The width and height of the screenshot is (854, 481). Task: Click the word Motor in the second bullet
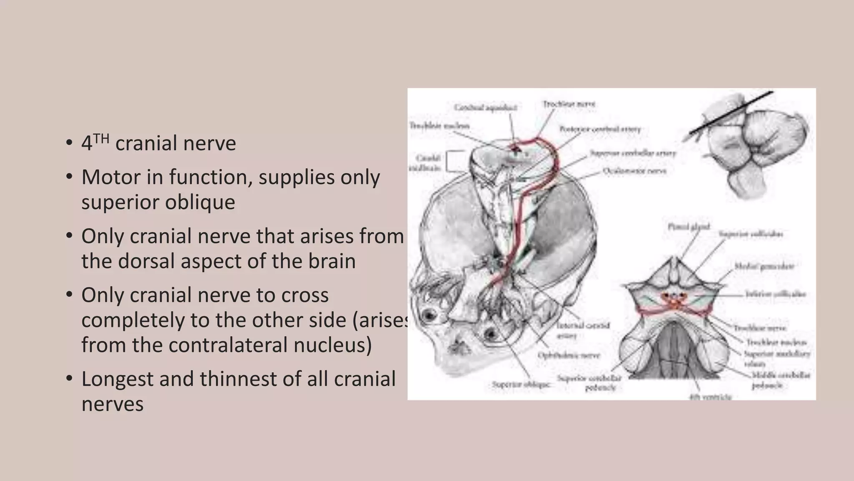(x=110, y=177)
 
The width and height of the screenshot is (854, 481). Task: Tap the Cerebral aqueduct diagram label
(x=485, y=108)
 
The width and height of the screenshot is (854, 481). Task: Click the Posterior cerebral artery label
(x=600, y=129)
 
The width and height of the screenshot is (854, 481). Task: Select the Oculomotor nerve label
(x=634, y=171)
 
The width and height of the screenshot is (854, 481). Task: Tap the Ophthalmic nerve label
(x=568, y=355)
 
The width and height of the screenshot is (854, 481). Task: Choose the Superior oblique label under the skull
(x=521, y=384)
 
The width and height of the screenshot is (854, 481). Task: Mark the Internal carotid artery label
(x=583, y=329)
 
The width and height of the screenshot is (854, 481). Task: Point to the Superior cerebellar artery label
(x=633, y=154)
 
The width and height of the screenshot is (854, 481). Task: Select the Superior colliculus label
(x=751, y=234)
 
